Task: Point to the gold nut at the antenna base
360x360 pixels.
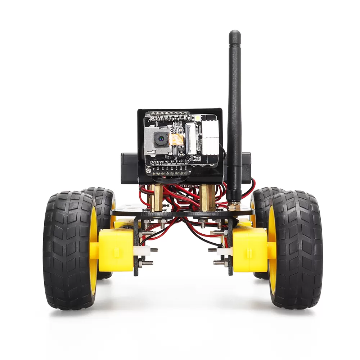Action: (x=234, y=207)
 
